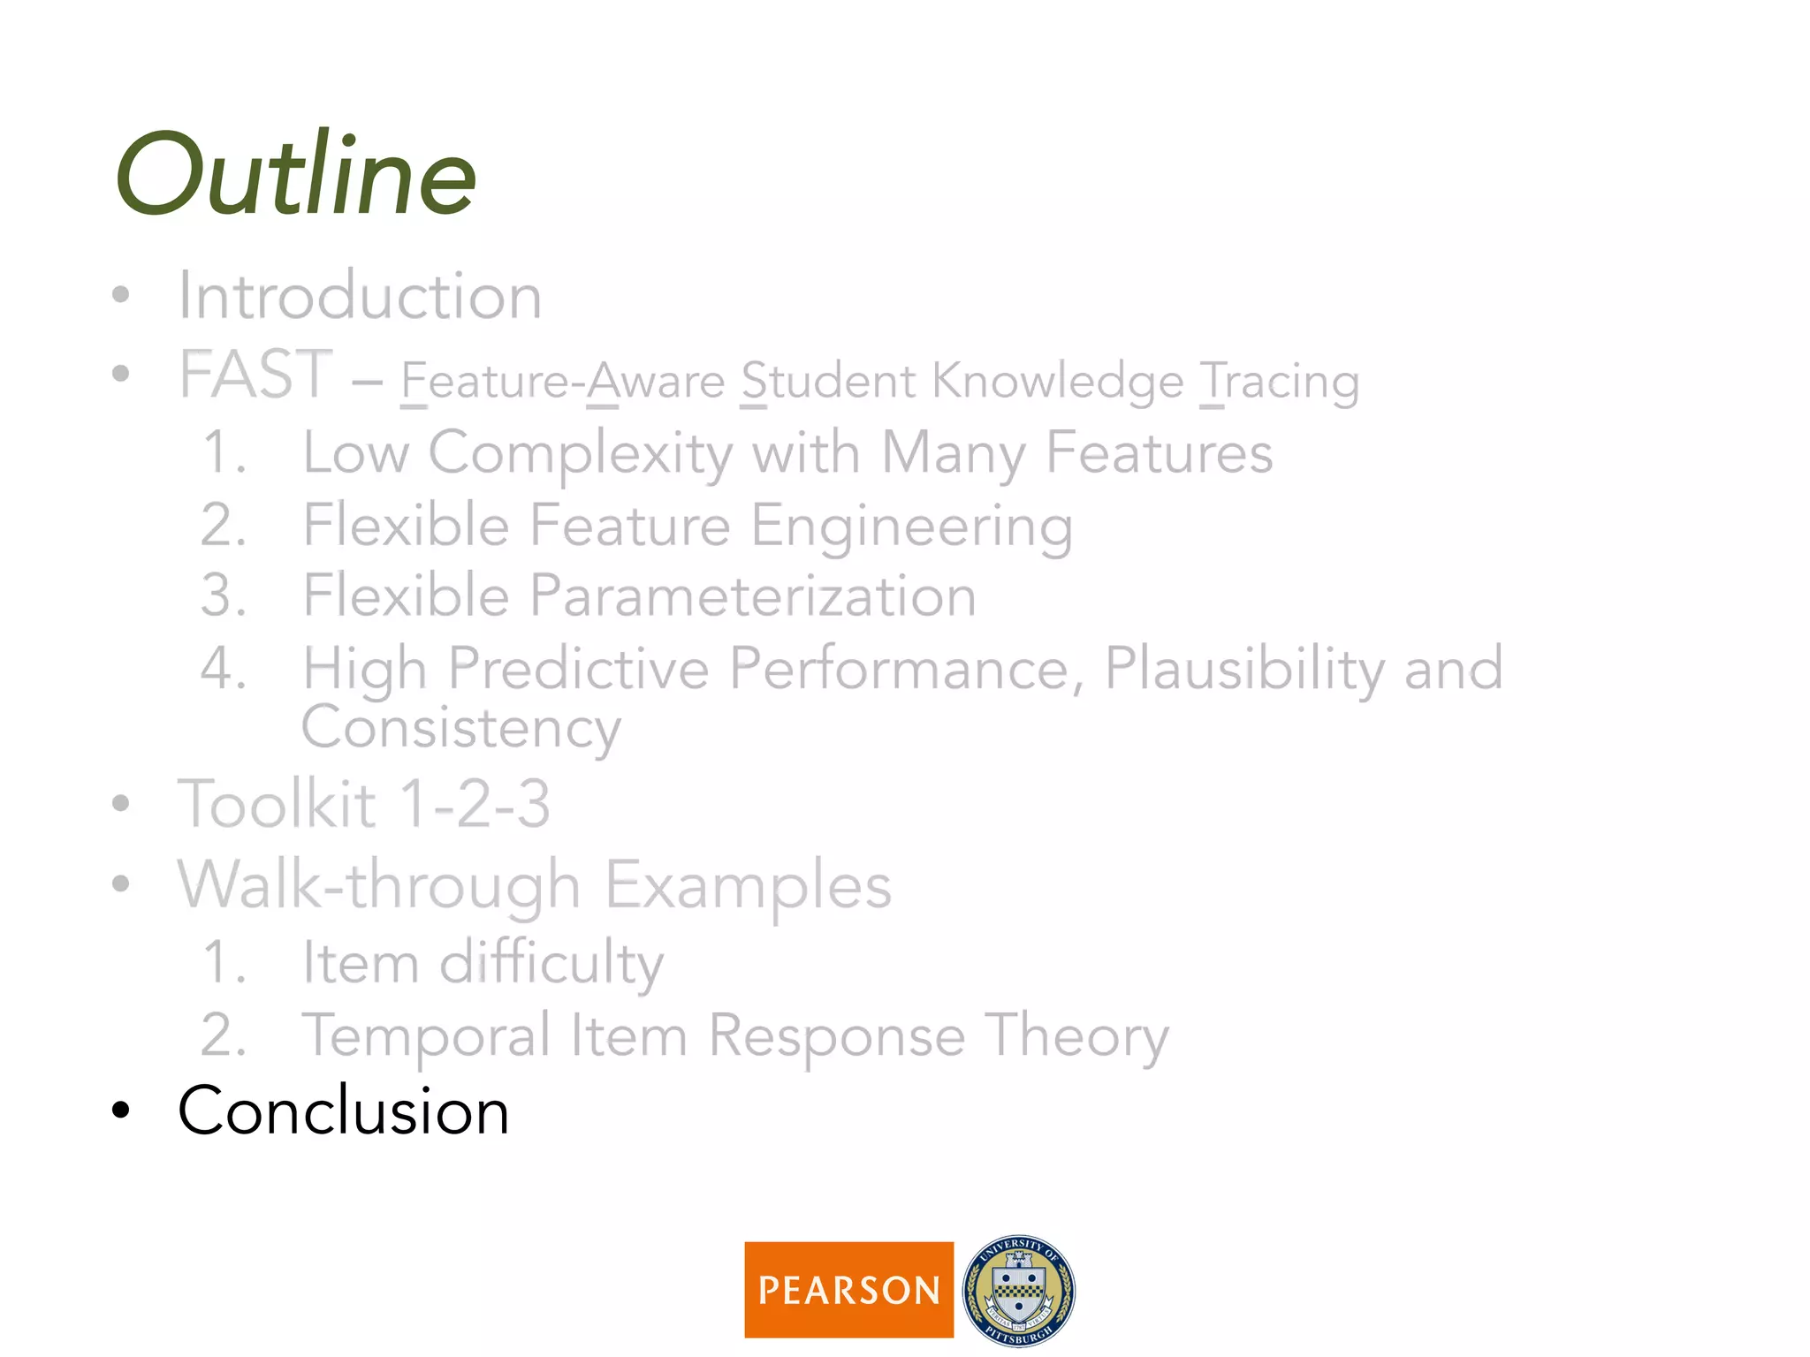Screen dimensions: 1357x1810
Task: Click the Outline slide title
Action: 296,174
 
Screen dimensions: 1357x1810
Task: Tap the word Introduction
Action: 360,296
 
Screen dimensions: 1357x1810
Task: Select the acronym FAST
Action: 255,375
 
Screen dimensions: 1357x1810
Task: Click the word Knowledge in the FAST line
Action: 1058,383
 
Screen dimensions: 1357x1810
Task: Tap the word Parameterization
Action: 753,595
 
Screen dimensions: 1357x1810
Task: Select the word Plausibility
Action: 1244,669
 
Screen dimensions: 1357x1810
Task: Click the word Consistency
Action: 460,729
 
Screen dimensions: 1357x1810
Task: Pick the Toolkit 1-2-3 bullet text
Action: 363,804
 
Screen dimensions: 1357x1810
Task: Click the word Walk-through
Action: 379,885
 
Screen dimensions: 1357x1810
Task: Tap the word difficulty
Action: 551,963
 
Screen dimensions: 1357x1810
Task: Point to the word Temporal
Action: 426,1035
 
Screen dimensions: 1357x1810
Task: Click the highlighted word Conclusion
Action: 343,1111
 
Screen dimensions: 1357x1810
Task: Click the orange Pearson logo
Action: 848,1290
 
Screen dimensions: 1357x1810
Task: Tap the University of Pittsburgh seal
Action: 1018,1291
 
